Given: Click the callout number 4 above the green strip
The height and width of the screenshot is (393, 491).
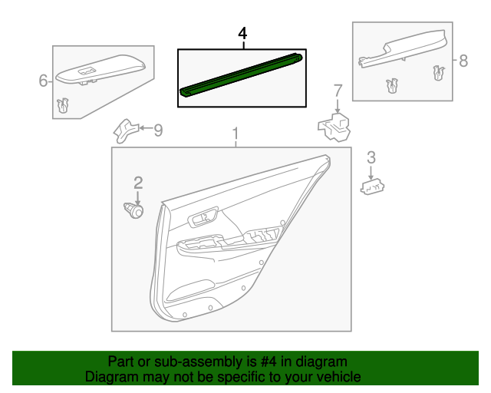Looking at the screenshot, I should tap(242, 34).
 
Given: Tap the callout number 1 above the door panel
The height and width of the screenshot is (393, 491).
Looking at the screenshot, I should tap(236, 134).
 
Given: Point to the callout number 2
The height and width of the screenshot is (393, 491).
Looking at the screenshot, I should tap(138, 183).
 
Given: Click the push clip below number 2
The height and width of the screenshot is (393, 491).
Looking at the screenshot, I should tap(135, 209).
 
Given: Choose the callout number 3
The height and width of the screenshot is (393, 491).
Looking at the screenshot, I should tap(371, 158).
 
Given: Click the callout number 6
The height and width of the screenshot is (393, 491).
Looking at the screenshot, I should tap(44, 80).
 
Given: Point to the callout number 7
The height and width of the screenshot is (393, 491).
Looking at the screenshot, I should tap(338, 91).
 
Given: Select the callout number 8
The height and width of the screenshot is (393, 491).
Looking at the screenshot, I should tap(463, 61).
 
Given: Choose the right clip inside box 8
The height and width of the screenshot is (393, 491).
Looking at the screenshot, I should tap(438, 74).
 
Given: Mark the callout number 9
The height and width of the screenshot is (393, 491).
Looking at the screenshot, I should tap(158, 130).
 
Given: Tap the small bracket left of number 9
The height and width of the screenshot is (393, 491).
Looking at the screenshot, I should tap(124, 130).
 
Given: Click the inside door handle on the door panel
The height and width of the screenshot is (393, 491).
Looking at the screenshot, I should tap(203, 220).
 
